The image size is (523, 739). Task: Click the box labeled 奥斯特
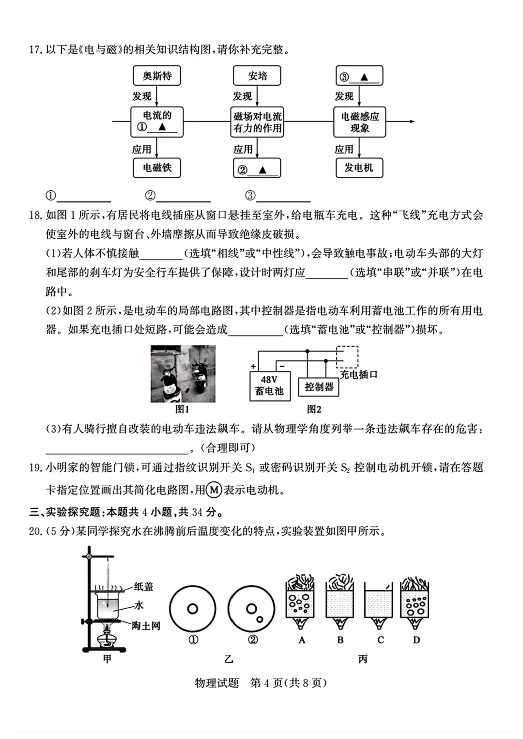157,76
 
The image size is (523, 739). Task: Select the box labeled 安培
257,76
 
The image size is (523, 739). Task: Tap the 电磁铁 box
157,168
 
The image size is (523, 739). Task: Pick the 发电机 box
359,168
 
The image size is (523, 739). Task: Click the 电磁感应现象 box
359,122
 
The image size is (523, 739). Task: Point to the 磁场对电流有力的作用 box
257,122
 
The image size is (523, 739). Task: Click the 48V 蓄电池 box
270,386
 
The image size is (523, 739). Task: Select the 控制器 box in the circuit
319,386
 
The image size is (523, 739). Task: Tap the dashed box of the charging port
347,357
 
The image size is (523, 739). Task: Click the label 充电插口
358,374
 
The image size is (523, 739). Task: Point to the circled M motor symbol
214,490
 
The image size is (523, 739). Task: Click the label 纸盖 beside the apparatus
143,586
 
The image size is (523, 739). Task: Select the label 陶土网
146,626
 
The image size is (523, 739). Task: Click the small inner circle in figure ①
193,609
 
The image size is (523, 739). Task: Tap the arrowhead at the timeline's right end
412,121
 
